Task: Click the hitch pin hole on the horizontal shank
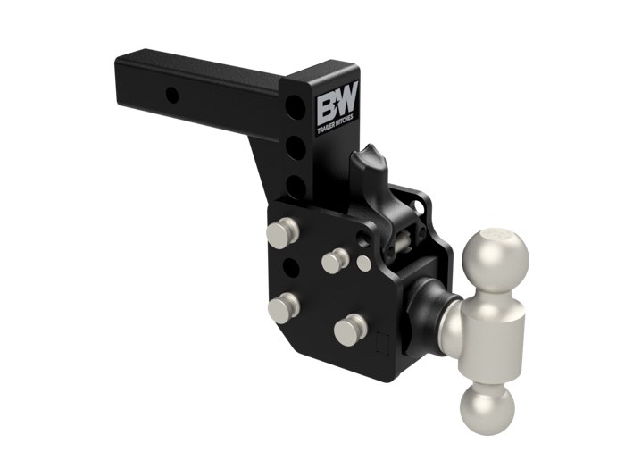click(x=172, y=95)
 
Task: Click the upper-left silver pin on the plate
click(x=281, y=234)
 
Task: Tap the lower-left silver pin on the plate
click(x=282, y=308)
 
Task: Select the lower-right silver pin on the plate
click(x=350, y=329)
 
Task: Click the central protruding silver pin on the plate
click(x=335, y=260)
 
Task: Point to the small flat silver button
click(x=364, y=264)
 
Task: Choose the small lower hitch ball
click(x=487, y=408)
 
